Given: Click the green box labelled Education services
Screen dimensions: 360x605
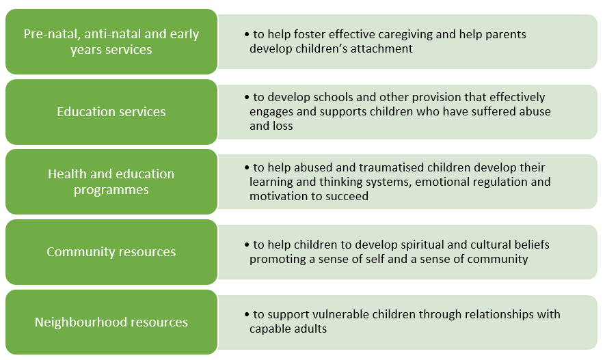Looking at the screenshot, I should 111,112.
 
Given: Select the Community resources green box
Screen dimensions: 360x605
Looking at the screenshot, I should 111,252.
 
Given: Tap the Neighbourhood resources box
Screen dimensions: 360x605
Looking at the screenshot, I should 111,322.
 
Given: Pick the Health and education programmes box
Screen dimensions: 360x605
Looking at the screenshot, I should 111,182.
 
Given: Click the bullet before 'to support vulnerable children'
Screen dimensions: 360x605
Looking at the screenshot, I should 247,314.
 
